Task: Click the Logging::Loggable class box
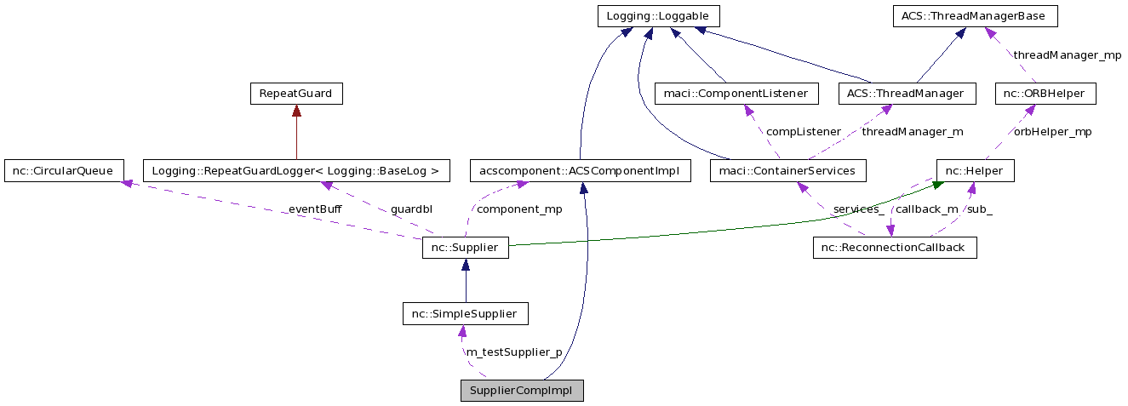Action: tap(659, 16)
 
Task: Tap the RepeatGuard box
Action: tap(295, 94)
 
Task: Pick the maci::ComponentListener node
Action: tap(736, 94)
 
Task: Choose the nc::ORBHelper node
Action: tap(1045, 94)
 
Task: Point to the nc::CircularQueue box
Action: tap(64, 170)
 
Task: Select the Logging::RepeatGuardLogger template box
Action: tap(295, 170)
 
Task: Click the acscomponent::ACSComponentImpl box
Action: tap(579, 170)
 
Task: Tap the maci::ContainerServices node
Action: tap(787, 170)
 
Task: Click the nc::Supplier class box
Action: tap(465, 248)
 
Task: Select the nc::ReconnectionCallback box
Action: tap(894, 248)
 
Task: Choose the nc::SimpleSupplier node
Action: tap(465, 314)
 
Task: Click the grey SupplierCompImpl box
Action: tap(522, 391)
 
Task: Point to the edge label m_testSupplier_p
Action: tap(513, 352)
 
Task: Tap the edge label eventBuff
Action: tap(314, 209)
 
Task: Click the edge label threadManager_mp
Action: tap(1067, 55)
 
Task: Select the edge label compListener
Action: tap(804, 132)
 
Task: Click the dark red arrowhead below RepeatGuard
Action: tap(295, 111)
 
